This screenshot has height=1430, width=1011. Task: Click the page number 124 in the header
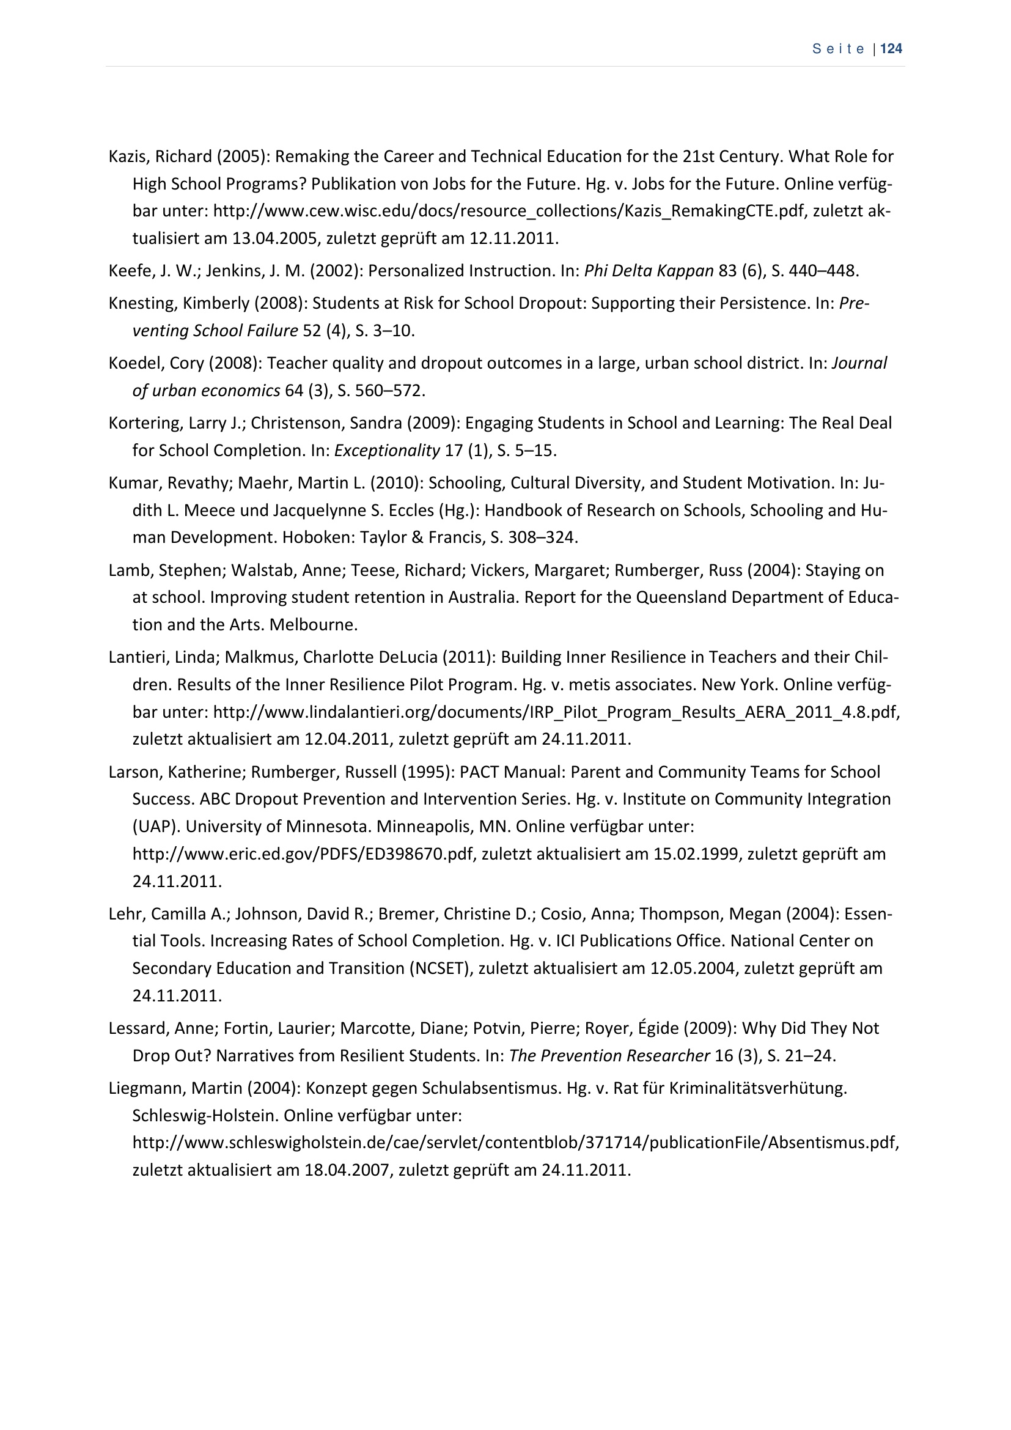tap(892, 49)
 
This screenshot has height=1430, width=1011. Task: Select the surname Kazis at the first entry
tap(127, 157)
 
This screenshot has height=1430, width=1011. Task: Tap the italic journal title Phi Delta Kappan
tap(649, 271)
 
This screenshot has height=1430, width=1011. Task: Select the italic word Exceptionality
tap(386, 451)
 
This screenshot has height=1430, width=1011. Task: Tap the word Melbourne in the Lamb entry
tap(314, 625)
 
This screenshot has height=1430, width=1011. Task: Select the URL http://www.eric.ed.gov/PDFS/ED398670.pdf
tap(303, 854)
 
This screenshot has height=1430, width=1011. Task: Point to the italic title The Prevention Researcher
tap(609, 1056)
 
